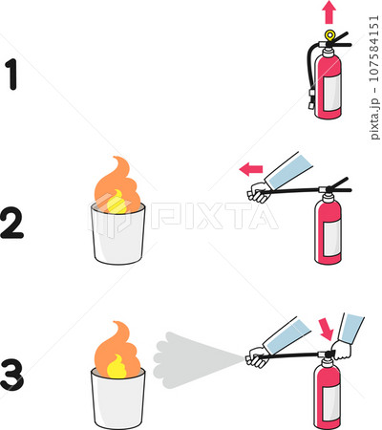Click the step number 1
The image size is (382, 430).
[12, 75]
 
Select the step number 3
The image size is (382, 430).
[12, 374]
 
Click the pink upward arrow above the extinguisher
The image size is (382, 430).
[329, 11]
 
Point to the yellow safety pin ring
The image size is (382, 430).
[330, 35]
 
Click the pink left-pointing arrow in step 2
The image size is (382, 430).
[250, 170]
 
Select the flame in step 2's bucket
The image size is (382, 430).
[117, 185]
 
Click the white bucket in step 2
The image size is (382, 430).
[118, 234]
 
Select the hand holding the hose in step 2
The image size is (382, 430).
[259, 194]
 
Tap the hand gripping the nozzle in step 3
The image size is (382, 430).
[257, 359]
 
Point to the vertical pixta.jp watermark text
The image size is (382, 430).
[374, 71]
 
